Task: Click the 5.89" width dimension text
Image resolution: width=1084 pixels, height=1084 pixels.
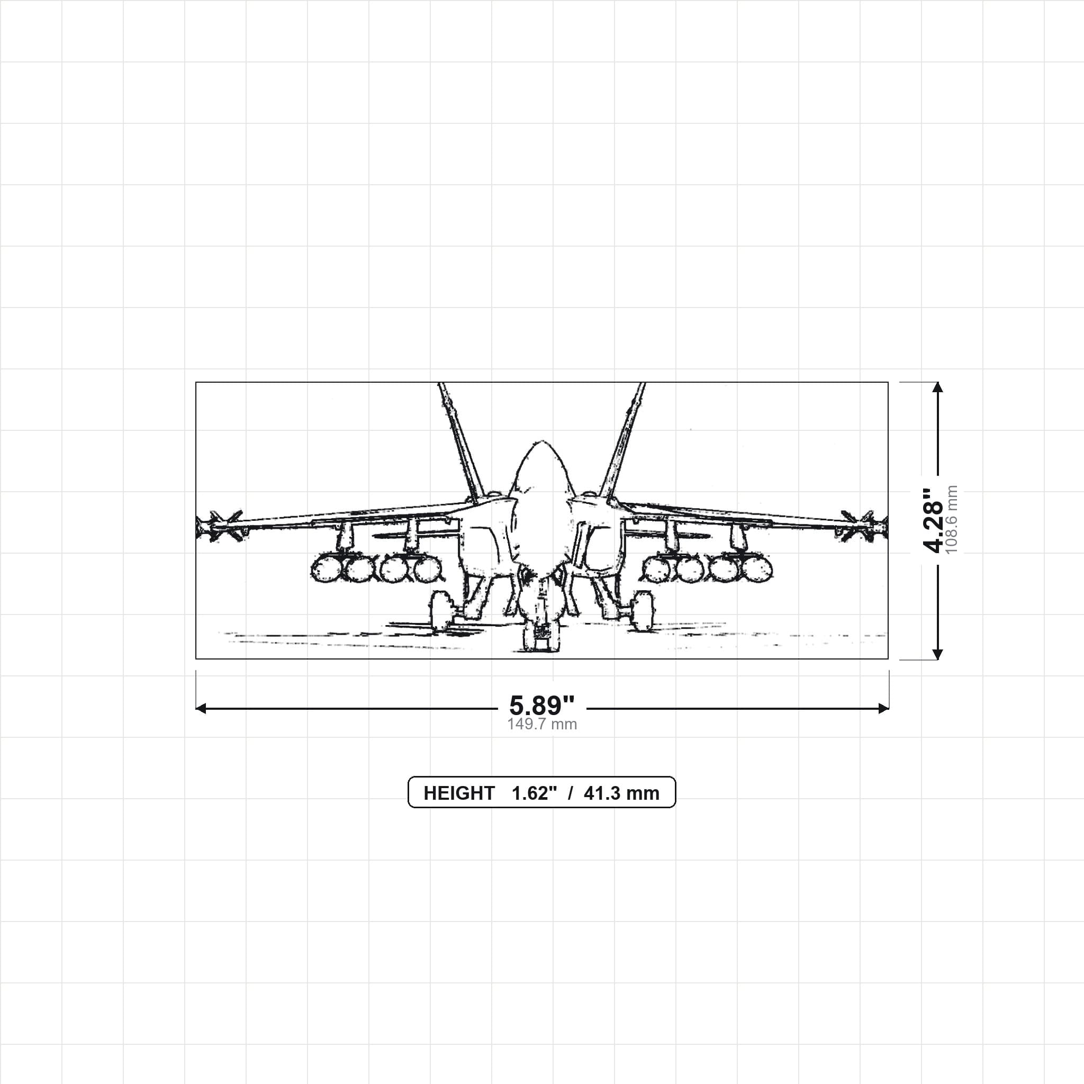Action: [541, 705]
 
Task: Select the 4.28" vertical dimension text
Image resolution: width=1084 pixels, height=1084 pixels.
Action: [934, 520]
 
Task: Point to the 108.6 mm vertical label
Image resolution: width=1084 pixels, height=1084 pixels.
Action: [952, 520]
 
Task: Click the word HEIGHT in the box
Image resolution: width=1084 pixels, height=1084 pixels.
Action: [459, 793]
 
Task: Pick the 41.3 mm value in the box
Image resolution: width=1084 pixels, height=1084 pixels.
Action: [621, 793]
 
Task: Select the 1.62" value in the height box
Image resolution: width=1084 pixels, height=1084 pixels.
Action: [534, 793]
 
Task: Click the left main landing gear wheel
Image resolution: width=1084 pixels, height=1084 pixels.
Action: [441, 610]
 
